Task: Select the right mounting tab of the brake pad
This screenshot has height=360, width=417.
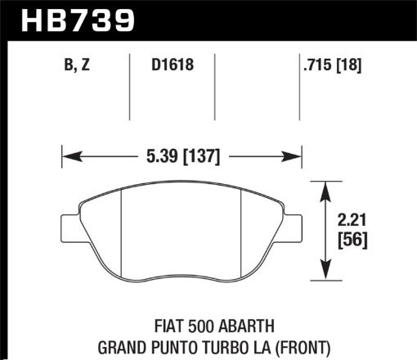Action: (x=294, y=223)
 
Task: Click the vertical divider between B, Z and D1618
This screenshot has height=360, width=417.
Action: (x=131, y=86)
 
